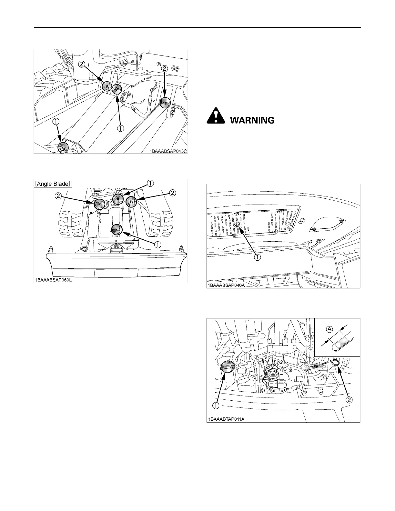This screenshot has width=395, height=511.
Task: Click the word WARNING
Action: (252, 120)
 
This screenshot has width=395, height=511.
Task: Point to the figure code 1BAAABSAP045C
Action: (167, 150)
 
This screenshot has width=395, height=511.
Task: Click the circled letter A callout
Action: (329, 329)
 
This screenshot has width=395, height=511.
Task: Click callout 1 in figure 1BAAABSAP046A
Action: (258, 257)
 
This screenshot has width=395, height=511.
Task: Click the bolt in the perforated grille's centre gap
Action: (238, 225)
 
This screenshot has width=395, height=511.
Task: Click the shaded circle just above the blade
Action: (117, 229)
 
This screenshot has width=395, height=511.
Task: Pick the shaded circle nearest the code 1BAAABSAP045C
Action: (166, 103)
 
